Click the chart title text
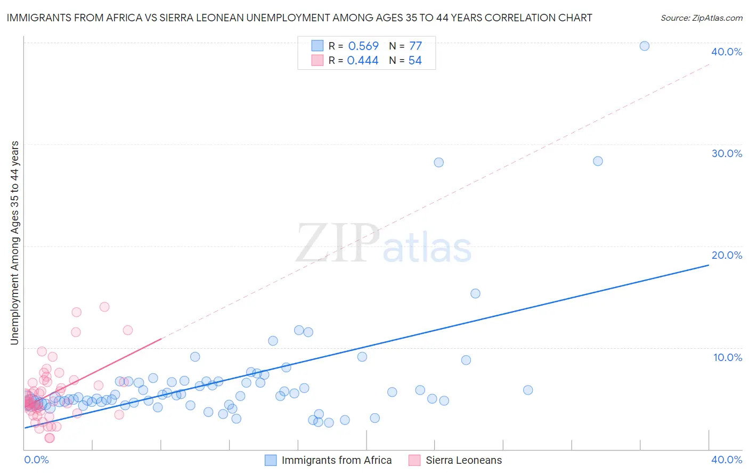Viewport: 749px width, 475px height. (x=299, y=18)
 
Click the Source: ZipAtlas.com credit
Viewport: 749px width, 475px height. (x=701, y=18)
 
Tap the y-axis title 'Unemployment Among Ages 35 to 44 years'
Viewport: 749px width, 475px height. (x=14, y=243)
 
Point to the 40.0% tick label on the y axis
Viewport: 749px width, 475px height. (x=727, y=52)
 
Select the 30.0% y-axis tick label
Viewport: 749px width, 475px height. (x=727, y=153)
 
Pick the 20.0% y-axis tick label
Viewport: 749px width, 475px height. (x=727, y=255)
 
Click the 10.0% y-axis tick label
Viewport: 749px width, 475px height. (x=728, y=357)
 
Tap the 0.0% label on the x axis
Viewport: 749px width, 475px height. (x=37, y=460)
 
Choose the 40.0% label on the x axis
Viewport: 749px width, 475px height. (x=727, y=460)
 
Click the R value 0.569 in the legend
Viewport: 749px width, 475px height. (x=363, y=46)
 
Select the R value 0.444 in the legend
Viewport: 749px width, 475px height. (x=363, y=61)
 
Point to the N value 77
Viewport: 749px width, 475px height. (x=416, y=46)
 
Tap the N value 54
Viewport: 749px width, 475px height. (x=415, y=61)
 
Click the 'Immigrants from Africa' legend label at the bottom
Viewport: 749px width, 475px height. (x=337, y=460)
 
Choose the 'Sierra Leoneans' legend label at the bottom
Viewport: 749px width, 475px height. (x=463, y=460)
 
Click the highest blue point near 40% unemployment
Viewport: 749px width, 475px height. (x=644, y=46)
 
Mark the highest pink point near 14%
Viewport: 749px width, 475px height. (x=104, y=307)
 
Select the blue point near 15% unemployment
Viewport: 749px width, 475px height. (x=475, y=293)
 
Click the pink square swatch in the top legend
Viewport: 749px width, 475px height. (x=317, y=60)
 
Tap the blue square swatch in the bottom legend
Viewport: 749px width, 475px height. (x=271, y=460)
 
